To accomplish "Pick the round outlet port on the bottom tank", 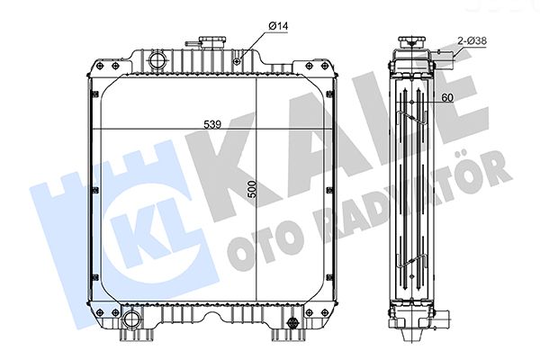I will click(133, 320).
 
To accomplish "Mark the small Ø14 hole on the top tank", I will click(237, 60).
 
